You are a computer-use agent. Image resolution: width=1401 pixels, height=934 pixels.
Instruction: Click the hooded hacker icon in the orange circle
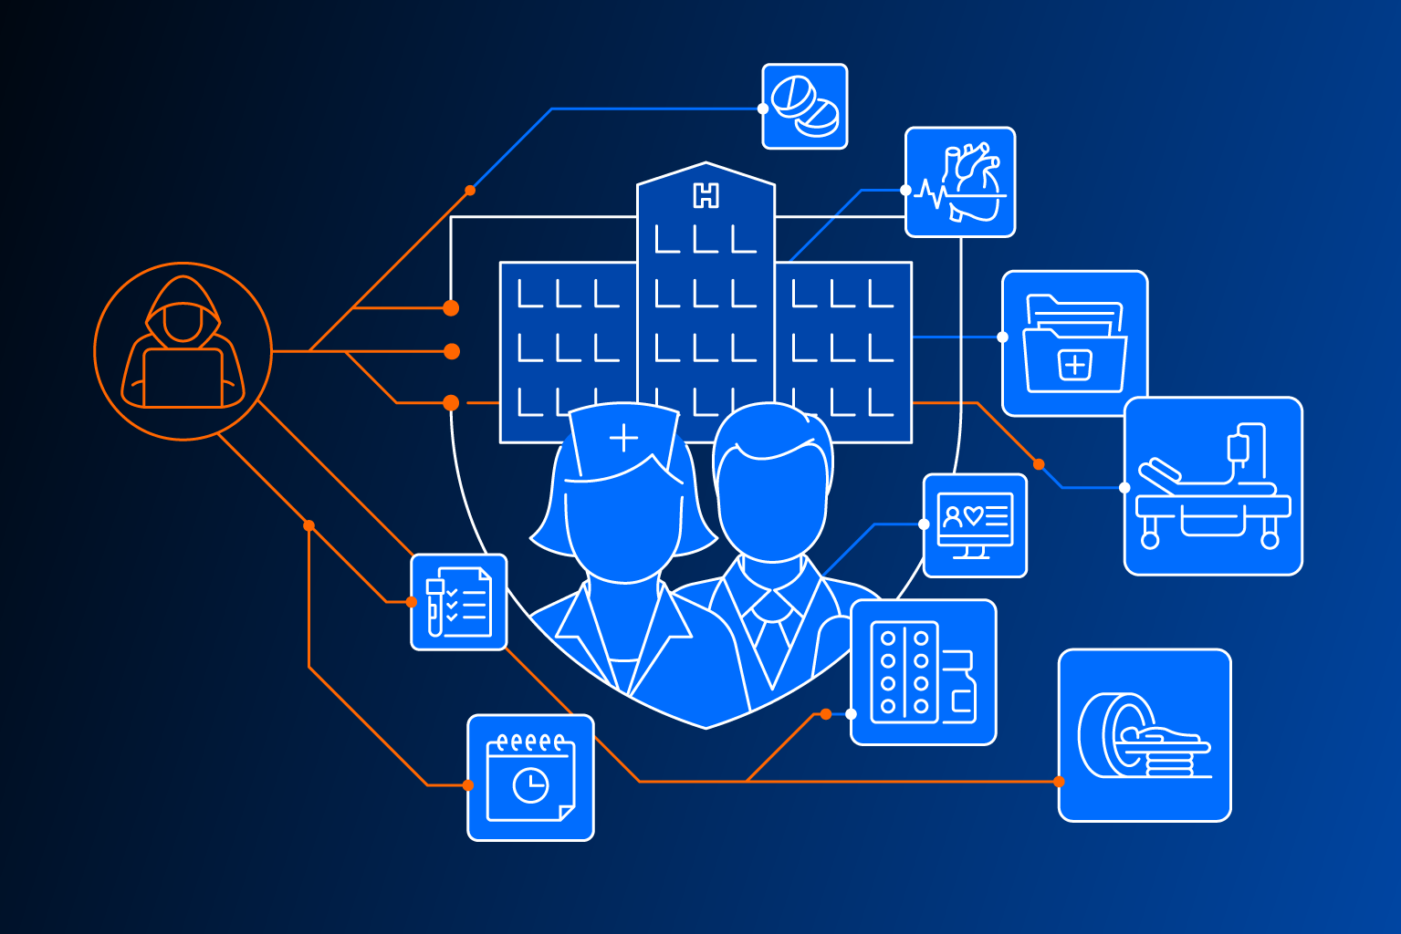coord(183,351)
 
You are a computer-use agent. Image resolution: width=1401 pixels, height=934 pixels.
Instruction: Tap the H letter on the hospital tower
coord(706,196)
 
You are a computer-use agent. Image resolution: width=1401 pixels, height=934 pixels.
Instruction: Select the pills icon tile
coord(805,107)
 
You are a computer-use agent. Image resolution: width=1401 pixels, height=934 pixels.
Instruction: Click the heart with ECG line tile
coord(960,182)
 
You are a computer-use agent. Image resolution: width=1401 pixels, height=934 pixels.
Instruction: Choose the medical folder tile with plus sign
coord(1074,343)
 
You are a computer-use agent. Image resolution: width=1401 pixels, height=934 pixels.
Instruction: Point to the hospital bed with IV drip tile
coord(1213,486)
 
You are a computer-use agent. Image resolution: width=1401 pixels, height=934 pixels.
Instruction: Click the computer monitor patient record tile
coord(975,525)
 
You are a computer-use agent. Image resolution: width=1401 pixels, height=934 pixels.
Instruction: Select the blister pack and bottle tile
coord(924,672)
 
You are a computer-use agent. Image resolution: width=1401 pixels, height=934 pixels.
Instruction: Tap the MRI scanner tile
coord(1145,735)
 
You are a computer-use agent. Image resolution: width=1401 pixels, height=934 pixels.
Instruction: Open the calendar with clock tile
coord(530,778)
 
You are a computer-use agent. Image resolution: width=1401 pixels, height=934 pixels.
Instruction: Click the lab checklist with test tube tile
coord(458,602)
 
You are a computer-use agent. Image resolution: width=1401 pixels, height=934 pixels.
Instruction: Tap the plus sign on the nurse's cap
coord(623,437)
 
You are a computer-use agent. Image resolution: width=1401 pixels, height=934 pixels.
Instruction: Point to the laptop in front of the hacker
coord(183,378)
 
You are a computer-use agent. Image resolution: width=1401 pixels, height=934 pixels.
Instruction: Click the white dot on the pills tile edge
coord(762,109)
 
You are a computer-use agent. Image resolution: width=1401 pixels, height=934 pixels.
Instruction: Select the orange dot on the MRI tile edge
coord(1058,782)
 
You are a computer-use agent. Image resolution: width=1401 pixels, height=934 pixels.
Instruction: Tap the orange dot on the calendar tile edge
coord(468,785)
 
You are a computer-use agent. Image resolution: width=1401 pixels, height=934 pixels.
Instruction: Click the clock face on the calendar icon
coord(530,784)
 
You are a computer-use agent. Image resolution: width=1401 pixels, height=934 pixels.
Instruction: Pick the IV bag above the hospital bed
coord(1239,448)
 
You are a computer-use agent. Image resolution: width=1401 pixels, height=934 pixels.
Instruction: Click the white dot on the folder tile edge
coord(1002,337)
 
